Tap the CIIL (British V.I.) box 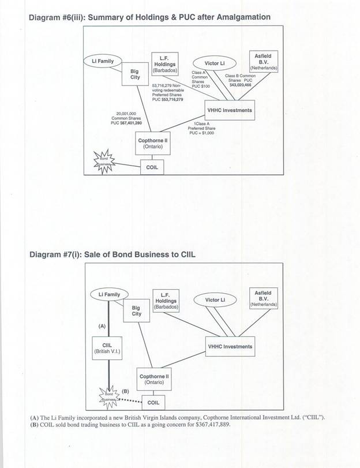(108, 348)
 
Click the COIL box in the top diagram (153, 167)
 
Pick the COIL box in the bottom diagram (153, 402)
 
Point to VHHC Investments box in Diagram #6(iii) (229, 110)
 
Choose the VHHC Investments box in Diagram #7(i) (229, 347)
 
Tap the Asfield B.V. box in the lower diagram (263, 298)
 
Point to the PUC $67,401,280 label (126, 122)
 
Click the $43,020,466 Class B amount (241, 85)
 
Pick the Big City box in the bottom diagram (136, 311)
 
